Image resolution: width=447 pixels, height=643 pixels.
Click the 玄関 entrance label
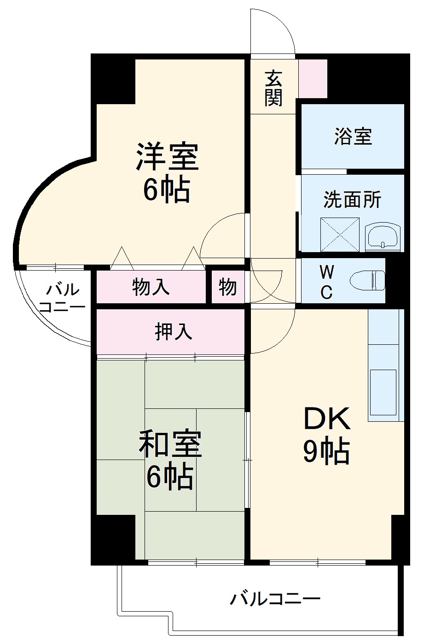[273, 88]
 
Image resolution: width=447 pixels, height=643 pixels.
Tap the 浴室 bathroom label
[353, 136]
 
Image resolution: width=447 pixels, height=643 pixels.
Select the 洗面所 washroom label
[352, 200]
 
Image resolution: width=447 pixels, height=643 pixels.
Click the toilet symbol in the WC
[367, 280]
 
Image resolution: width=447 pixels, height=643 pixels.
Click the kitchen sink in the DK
[382, 392]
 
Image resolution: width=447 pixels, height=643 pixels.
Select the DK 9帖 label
[326, 435]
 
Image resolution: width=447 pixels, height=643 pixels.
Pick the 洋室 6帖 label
[167, 173]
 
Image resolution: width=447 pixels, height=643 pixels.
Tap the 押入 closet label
[173, 331]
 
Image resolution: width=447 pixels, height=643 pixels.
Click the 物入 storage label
[151, 287]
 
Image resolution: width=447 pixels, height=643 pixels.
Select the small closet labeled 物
[228, 287]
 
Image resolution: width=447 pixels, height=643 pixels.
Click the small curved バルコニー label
[62, 298]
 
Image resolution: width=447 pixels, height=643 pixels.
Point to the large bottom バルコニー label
[275, 599]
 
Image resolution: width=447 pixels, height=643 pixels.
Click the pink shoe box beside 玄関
[313, 78]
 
